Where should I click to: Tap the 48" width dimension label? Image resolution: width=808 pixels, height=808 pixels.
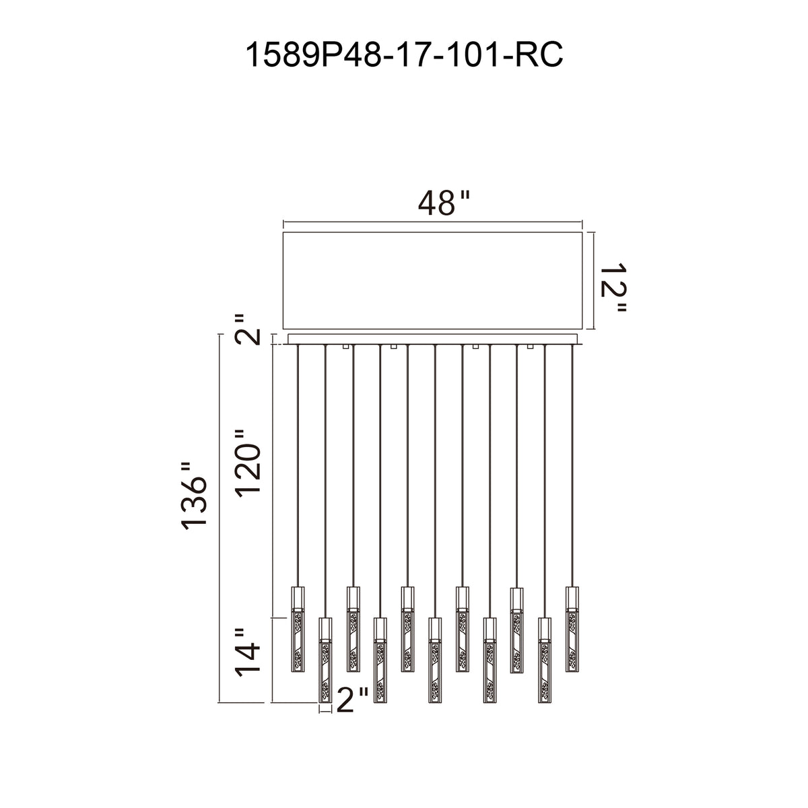[x=444, y=203]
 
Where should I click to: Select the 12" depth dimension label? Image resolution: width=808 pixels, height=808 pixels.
[x=612, y=288]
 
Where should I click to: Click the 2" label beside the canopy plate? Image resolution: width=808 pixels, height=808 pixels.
[x=247, y=329]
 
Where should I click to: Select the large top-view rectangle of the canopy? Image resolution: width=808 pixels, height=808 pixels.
[x=433, y=281]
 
